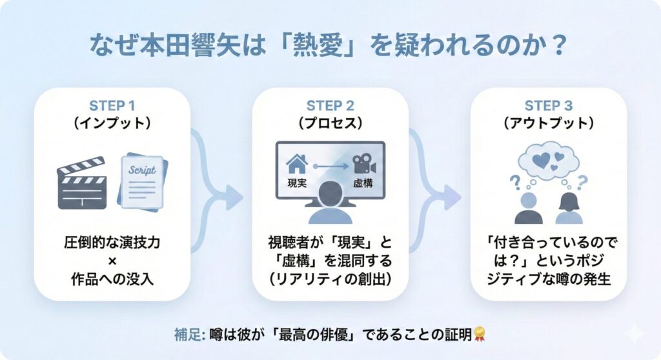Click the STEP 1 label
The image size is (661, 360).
(x=112, y=106)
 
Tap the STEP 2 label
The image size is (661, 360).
(x=330, y=106)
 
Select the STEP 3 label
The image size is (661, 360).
(x=549, y=106)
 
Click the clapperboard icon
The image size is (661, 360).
(x=82, y=183)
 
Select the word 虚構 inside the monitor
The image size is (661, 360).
(x=363, y=183)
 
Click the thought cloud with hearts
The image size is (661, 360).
(x=549, y=159)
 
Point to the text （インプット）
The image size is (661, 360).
(x=112, y=123)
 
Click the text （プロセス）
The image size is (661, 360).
(x=330, y=123)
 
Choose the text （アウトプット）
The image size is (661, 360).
(x=549, y=123)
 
